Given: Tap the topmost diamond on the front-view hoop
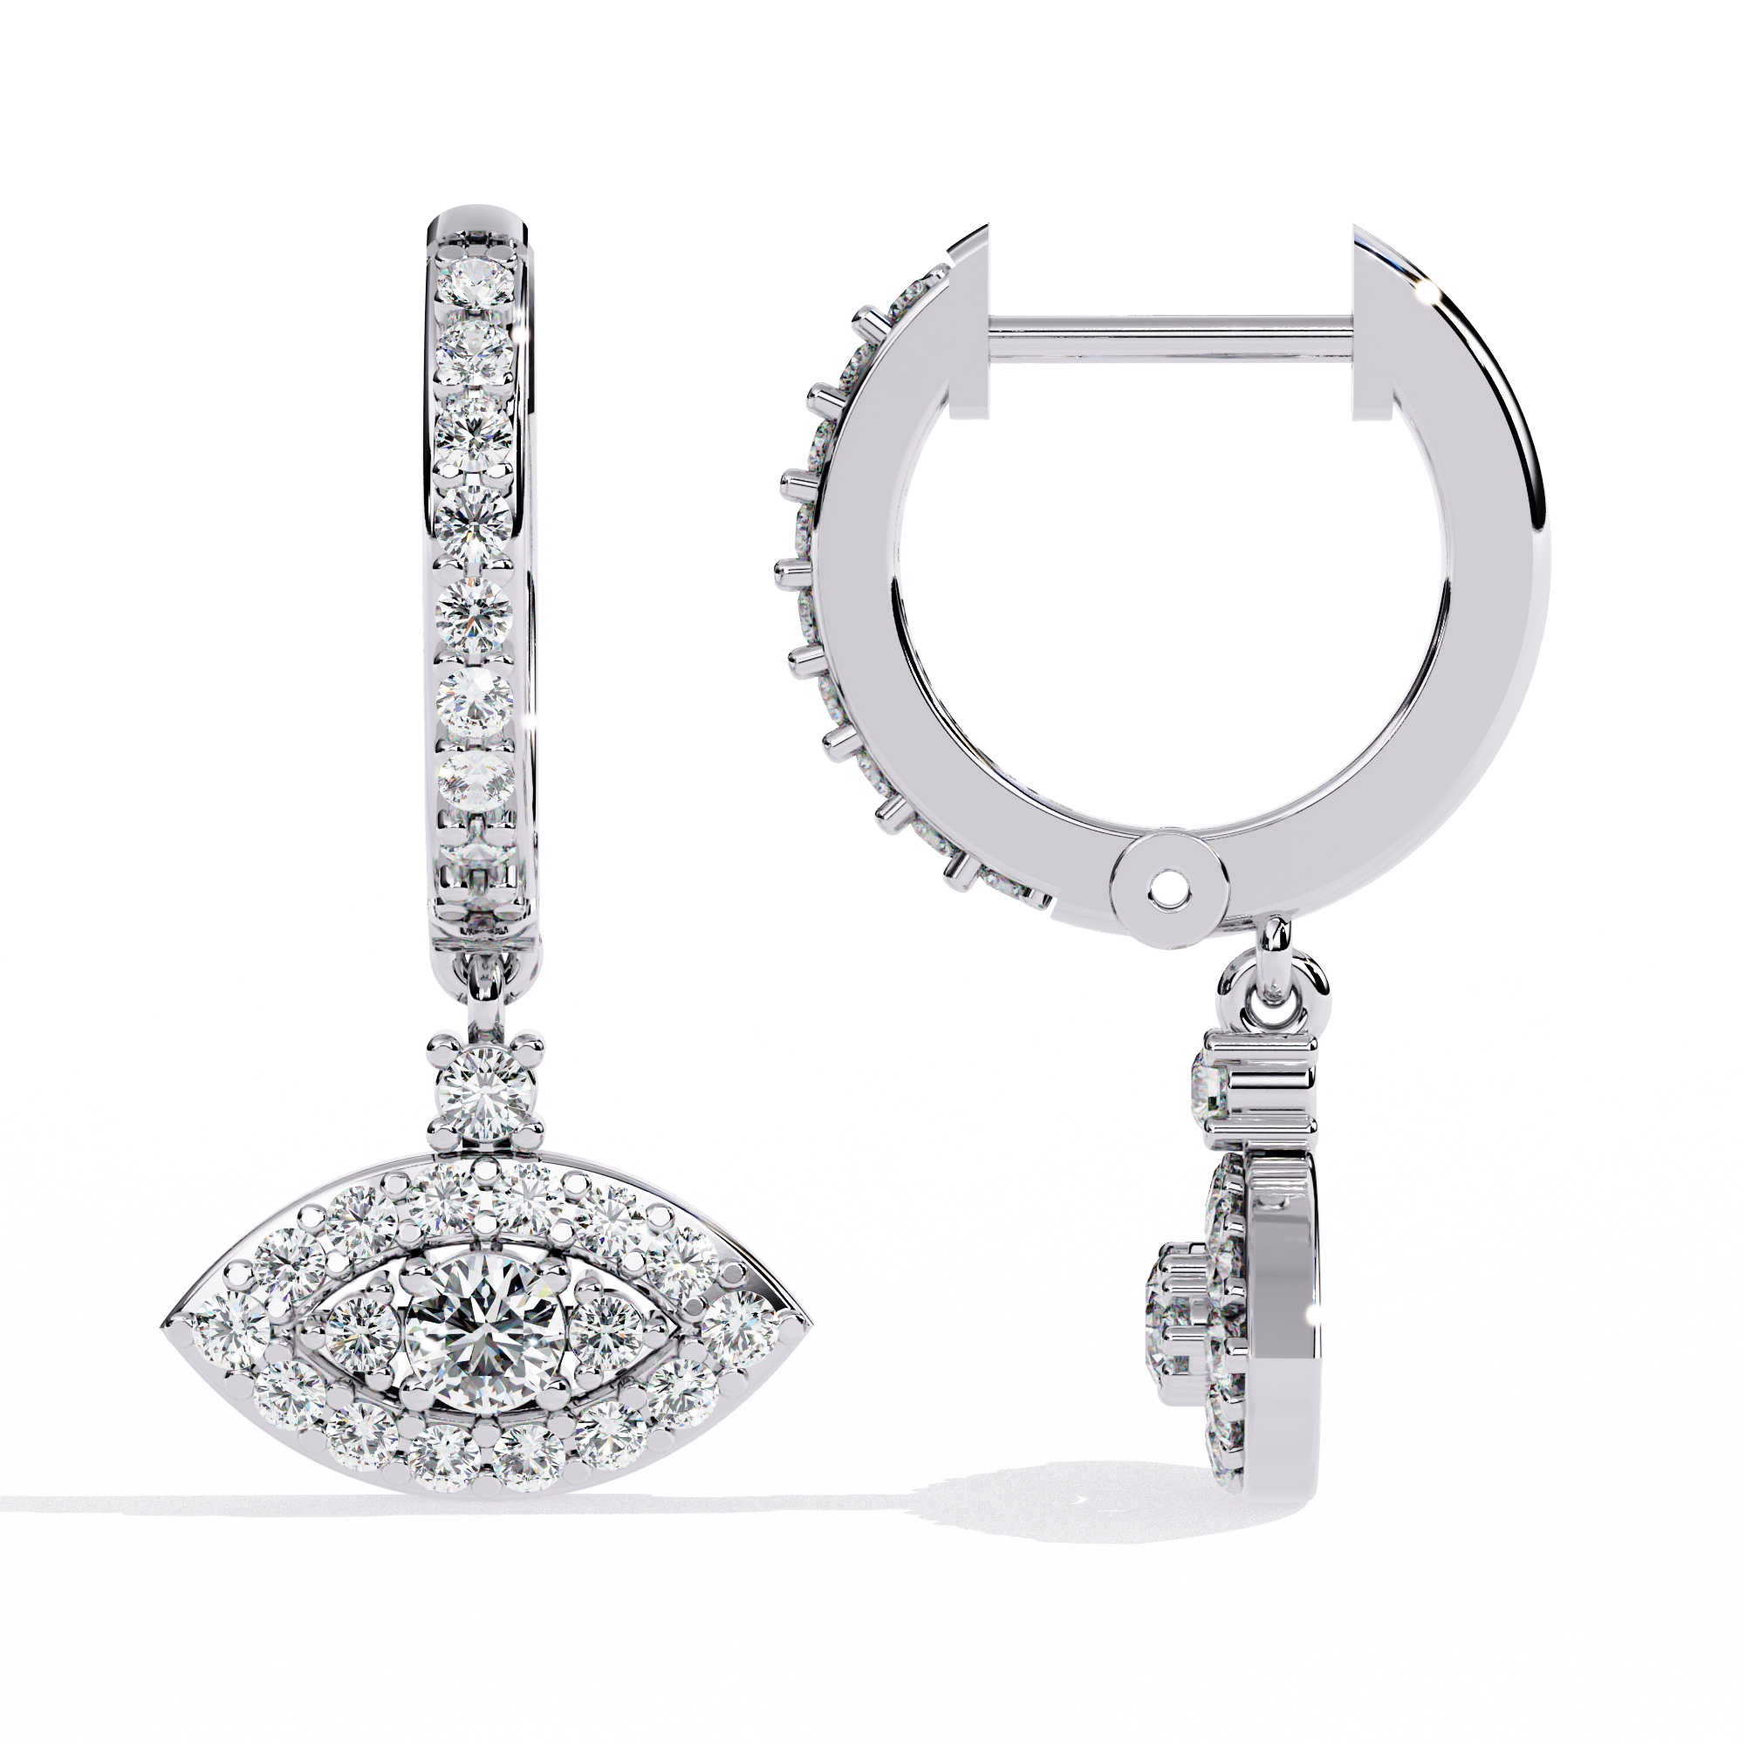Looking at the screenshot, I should tap(476, 284).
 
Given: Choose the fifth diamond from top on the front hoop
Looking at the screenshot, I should tap(474, 612).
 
